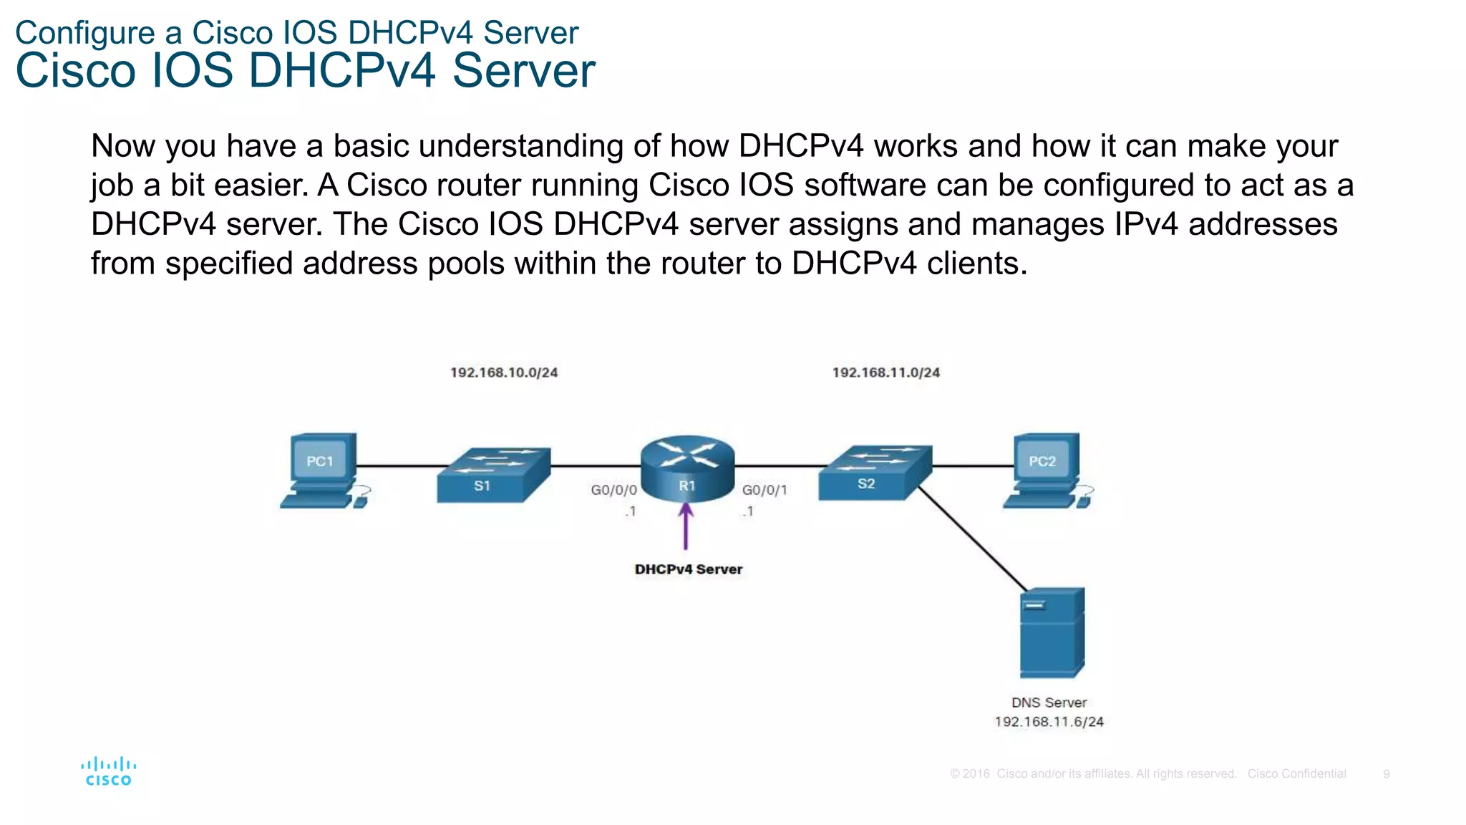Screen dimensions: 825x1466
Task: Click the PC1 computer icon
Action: click(322, 470)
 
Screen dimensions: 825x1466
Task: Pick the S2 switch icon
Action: click(875, 473)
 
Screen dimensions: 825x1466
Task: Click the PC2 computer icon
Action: click(1047, 470)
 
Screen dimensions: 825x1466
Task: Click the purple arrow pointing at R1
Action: click(686, 526)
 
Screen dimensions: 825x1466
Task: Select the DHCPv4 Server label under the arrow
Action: click(688, 569)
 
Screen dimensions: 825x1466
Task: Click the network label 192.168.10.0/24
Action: click(503, 372)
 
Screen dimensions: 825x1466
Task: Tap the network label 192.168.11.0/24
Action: click(885, 372)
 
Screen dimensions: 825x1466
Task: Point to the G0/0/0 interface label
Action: click(613, 490)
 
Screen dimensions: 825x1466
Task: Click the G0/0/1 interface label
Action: click(764, 490)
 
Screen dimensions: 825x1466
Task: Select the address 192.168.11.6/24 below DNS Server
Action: click(1049, 722)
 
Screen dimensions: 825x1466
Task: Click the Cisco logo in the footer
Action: click(108, 772)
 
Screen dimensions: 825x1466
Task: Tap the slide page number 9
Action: click(1387, 774)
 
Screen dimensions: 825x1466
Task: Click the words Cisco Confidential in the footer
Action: click(1296, 774)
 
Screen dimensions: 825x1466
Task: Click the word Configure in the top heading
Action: click(84, 34)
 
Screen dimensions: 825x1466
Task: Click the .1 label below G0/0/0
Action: click(630, 511)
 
